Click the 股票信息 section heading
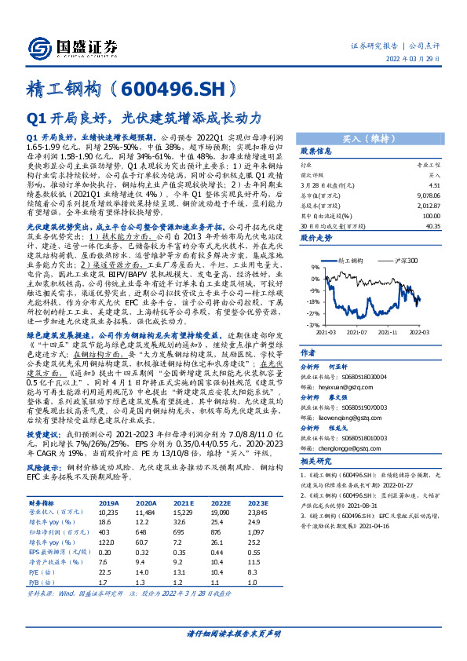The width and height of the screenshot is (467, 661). pyautogui.click(x=318, y=151)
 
